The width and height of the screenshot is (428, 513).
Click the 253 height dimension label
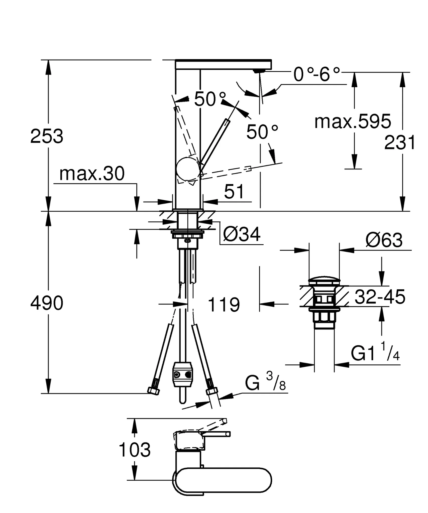click(x=47, y=137)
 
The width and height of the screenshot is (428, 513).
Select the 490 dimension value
click(x=47, y=303)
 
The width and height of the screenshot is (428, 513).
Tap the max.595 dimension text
click(x=352, y=122)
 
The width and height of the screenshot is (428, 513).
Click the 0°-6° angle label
click(x=316, y=74)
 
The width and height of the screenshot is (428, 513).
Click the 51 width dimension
click(x=234, y=192)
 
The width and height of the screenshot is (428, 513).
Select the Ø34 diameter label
click(x=242, y=235)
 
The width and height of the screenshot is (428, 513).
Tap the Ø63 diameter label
click(x=384, y=240)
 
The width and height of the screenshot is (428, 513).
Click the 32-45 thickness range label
click(x=380, y=297)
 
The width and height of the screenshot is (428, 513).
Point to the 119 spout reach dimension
click(x=224, y=305)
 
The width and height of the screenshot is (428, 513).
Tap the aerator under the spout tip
click(x=259, y=72)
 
